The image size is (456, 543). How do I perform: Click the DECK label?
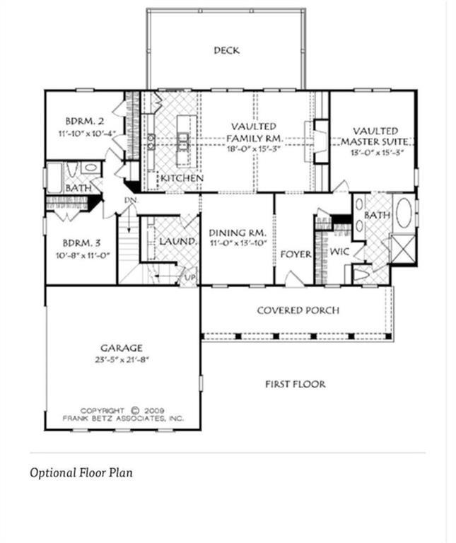226,50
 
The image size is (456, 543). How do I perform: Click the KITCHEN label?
182,178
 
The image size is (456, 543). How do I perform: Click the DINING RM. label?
237,233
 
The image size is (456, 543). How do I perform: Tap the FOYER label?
296,254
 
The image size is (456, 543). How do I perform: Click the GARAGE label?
121,348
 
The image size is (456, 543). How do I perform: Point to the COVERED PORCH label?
298,310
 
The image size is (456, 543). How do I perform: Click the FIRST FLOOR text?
295,385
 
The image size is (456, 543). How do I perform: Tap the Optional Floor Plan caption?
81,472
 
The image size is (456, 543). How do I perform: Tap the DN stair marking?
130,200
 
